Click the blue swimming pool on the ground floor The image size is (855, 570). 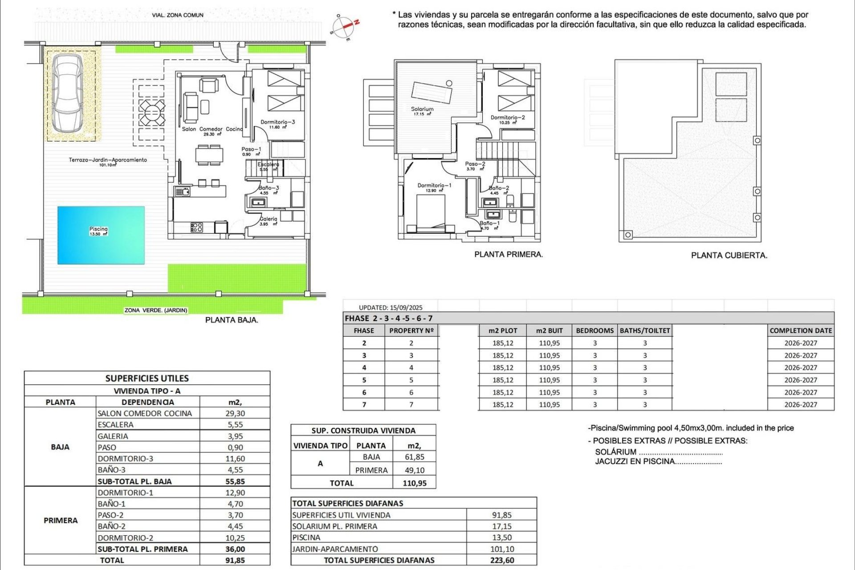101,235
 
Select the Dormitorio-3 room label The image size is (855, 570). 278,122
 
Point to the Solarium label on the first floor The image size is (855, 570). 422,109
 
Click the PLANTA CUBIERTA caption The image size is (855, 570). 729,256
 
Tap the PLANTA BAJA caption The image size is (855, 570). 232,320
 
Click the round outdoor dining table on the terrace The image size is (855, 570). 151,112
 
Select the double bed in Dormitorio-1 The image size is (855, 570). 431,213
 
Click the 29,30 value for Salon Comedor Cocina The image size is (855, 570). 235,413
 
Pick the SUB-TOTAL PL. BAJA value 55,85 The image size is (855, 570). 235,481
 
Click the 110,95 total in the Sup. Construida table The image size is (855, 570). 414,483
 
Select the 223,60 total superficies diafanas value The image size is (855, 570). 502,560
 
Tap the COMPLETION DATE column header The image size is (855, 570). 801,330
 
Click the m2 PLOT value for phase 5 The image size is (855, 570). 503,380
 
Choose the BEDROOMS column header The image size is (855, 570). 594,330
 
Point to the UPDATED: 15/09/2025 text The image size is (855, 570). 391,307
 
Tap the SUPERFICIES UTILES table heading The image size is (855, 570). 147,379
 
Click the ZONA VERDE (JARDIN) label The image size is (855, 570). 156,310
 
